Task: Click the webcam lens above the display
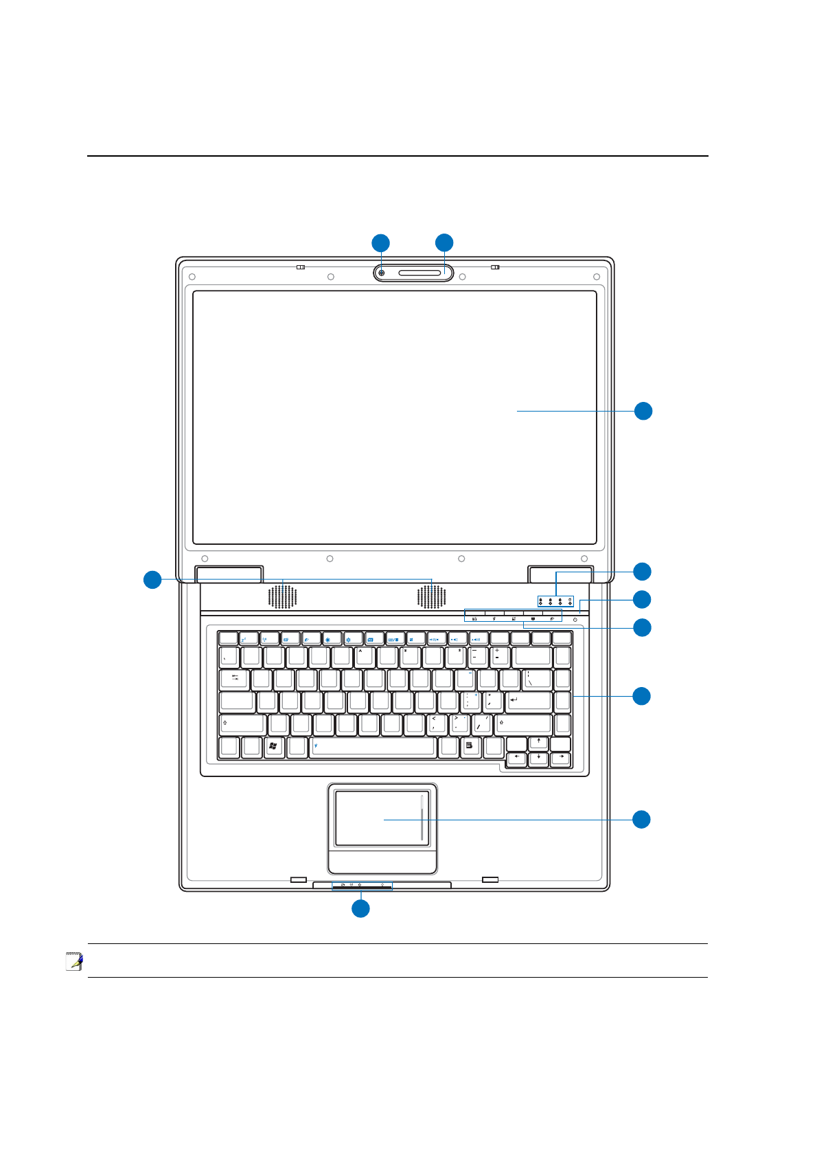pyautogui.click(x=381, y=273)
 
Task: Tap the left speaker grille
pyautogui.click(x=282, y=597)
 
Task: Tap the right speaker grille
pyautogui.click(x=431, y=597)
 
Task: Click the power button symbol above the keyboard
pyautogui.click(x=575, y=620)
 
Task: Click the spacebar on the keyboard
pyautogui.click(x=373, y=747)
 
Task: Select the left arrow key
pyautogui.click(x=516, y=759)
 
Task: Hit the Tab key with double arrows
pyautogui.click(x=235, y=679)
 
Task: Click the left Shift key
pyautogui.click(x=243, y=724)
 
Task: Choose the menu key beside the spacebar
pyautogui.click(x=470, y=747)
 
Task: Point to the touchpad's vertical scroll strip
pyautogui.click(x=422, y=818)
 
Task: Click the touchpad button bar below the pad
pyautogui.click(x=382, y=861)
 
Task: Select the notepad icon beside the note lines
pyautogui.click(x=74, y=961)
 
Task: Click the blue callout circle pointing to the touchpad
pyautogui.click(x=641, y=819)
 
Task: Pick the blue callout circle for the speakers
pyautogui.click(x=152, y=580)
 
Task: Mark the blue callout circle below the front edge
pyautogui.click(x=360, y=908)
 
